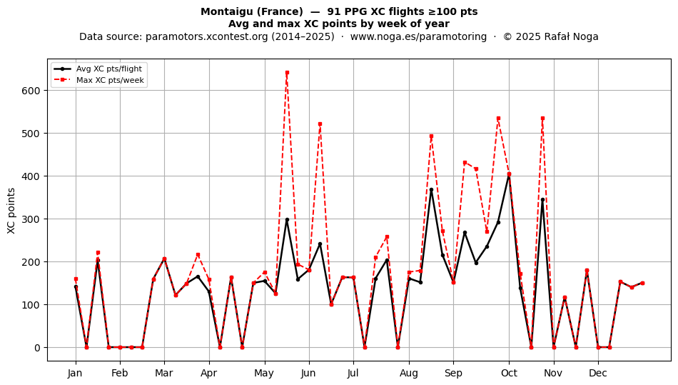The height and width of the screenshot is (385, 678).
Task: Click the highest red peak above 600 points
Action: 287,73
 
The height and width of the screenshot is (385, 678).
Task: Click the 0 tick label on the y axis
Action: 38,348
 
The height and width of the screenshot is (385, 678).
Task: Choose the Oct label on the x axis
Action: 510,373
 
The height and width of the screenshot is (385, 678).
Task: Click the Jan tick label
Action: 75,373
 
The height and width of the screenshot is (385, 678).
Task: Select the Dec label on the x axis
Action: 599,373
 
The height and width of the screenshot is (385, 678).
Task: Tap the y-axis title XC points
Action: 11,211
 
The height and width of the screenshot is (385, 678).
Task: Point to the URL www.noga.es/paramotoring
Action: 418,36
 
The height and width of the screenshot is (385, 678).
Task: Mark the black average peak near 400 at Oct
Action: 510,174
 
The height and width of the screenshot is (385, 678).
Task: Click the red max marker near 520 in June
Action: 320,124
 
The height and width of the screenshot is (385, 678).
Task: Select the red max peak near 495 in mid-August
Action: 431,136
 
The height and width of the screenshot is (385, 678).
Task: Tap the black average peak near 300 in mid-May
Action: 287,220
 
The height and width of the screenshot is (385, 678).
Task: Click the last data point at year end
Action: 642,284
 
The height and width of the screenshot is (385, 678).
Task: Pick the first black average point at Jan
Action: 76,287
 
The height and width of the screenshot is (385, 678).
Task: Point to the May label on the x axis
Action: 264,373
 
